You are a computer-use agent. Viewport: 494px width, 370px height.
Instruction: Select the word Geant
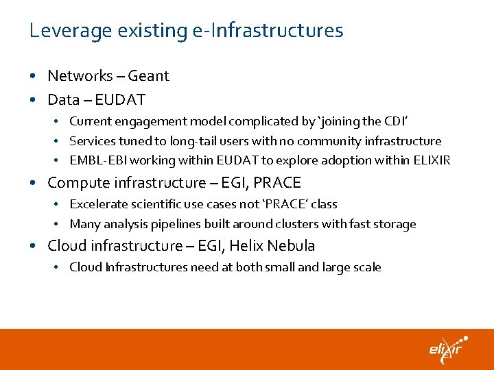(x=148, y=76)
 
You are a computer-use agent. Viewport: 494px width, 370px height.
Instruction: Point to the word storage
(x=395, y=224)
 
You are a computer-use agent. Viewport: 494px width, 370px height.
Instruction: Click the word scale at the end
(x=366, y=267)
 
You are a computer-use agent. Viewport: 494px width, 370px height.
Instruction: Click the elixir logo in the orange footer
(x=447, y=349)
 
